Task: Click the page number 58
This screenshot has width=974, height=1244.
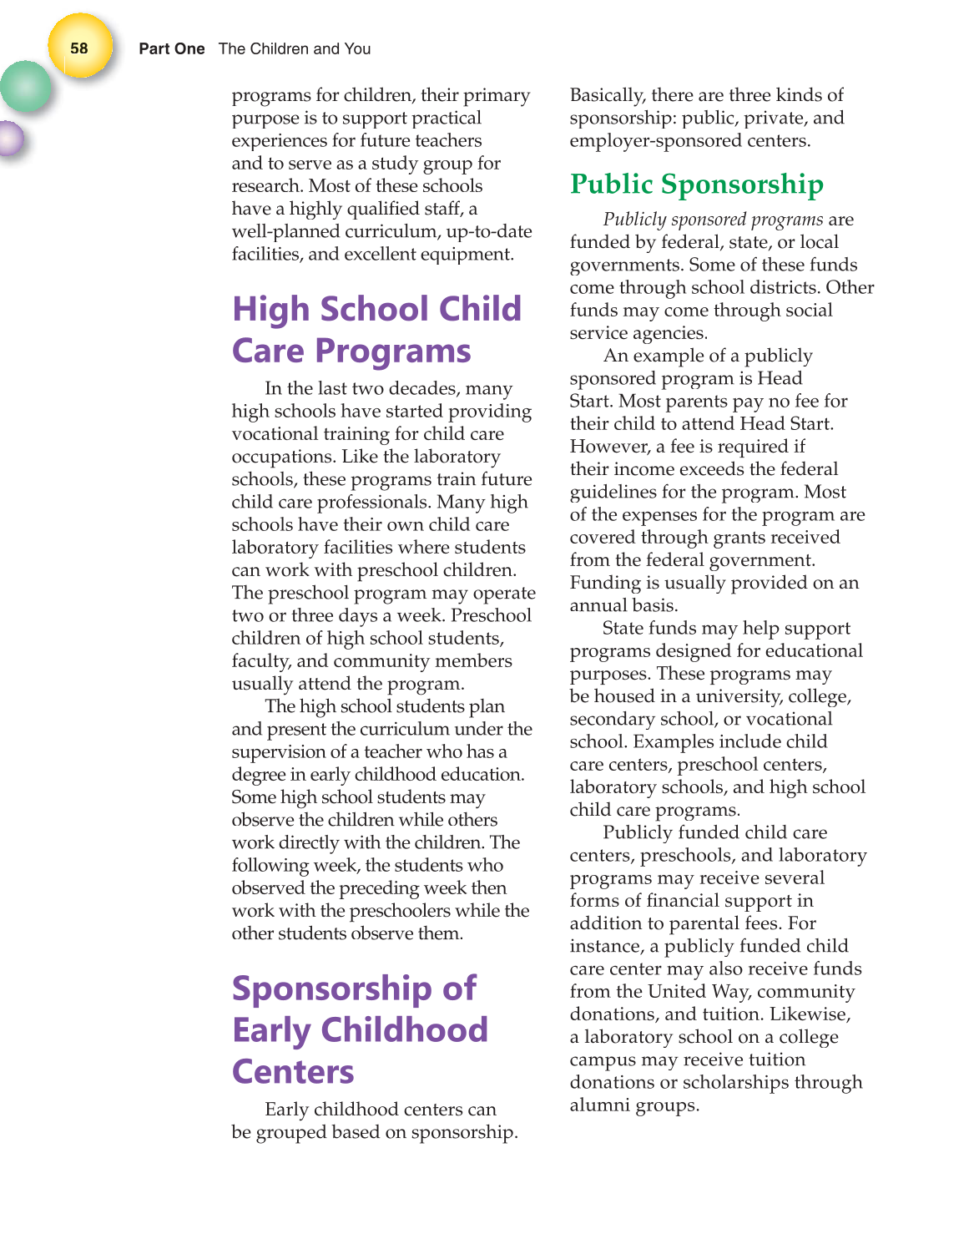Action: (x=79, y=48)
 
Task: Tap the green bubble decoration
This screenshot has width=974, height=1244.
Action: (x=26, y=87)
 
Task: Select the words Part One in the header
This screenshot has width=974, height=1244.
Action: (x=171, y=49)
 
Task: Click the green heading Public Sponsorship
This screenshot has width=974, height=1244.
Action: (x=696, y=184)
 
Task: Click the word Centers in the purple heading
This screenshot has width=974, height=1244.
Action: (x=293, y=1072)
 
